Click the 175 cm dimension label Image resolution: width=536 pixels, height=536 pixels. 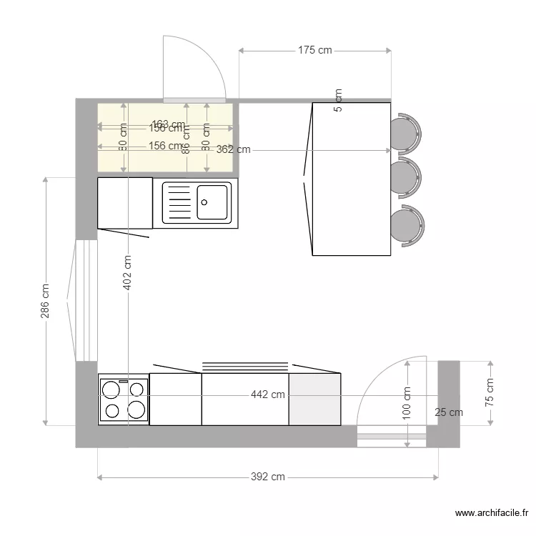[315, 50]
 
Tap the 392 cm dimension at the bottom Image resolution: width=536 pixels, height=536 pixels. [267, 477]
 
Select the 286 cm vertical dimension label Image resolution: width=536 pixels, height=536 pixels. [45, 301]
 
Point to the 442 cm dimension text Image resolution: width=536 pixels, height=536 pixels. [267, 394]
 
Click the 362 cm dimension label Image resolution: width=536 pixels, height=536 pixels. [234, 150]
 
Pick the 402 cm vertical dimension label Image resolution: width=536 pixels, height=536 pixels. [128, 272]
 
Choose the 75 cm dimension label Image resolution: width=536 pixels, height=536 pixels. [490, 392]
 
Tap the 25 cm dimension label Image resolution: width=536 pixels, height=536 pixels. [449, 412]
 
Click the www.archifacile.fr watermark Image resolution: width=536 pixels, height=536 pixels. [492, 512]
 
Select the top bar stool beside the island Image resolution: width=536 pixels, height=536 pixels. [406, 133]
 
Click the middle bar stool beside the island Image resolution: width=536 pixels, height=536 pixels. [406, 177]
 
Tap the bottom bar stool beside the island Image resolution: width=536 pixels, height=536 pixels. [407, 225]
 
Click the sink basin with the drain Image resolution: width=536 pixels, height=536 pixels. [212, 202]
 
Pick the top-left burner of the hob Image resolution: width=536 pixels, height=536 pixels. [111, 389]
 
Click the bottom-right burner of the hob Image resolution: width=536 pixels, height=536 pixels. [137, 410]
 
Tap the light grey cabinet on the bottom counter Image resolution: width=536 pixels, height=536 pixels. [314, 399]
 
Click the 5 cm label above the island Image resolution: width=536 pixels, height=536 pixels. [338, 100]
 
